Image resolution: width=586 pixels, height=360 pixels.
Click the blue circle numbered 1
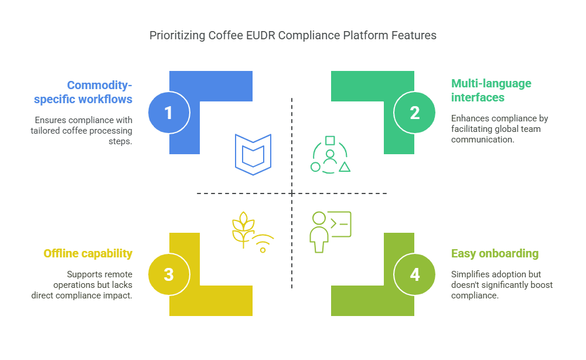(169, 113)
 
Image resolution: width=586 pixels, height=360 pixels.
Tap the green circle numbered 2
(414, 113)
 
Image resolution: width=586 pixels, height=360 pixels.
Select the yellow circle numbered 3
(169, 274)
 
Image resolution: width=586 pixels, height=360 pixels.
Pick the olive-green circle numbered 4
(414, 274)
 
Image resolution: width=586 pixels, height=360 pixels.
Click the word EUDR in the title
(261, 36)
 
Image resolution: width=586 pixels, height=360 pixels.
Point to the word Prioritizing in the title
(178, 36)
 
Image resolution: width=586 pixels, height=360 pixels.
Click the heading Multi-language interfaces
(491, 90)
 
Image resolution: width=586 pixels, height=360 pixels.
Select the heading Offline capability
(88, 253)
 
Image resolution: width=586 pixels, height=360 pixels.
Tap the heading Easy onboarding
(495, 253)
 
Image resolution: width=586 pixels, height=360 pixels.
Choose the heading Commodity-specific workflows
(83, 92)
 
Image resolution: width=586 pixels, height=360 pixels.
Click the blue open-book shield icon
(253, 154)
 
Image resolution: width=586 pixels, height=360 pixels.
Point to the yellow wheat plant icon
(243, 229)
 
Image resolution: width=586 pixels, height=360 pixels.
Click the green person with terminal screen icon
(331, 232)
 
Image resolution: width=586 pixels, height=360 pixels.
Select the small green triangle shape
(345, 167)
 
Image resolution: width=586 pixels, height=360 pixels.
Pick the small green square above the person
(330, 141)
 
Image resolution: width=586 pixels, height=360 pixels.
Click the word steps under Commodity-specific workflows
(120, 141)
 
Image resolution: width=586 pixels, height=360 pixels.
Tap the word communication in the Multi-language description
(482, 140)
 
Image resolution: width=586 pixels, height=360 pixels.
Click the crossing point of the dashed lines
(292, 193)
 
